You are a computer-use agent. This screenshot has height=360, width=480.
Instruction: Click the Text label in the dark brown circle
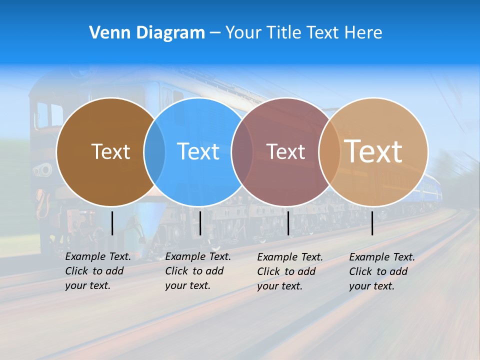110,151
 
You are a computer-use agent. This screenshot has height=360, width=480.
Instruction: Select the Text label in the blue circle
198,151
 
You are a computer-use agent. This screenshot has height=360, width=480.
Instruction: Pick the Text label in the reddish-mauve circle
286,151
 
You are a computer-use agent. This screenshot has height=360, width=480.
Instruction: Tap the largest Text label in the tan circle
373,151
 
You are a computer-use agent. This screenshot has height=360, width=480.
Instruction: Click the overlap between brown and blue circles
154,151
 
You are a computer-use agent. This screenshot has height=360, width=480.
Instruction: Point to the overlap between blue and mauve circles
242,151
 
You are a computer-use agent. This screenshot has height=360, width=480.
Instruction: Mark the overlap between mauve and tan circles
329,151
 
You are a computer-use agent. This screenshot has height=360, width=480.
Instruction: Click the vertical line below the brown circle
112,223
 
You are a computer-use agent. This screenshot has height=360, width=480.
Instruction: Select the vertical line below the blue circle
200,223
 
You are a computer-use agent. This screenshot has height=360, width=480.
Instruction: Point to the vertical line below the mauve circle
288,223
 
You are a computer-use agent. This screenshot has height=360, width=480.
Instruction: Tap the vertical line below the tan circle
372,223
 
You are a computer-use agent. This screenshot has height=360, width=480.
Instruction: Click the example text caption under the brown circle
98,271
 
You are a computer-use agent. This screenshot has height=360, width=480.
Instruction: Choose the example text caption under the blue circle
198,271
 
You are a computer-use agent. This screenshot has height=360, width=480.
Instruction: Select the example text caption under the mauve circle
290,271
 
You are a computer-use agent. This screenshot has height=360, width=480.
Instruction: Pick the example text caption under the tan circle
382,271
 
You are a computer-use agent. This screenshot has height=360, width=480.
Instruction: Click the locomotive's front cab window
43,115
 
